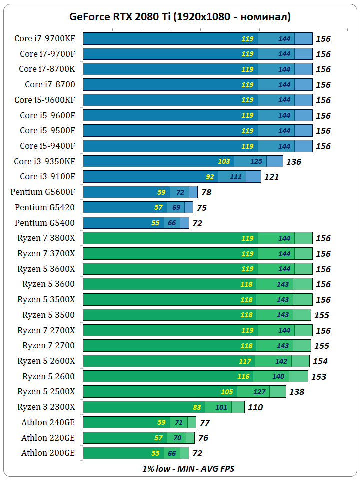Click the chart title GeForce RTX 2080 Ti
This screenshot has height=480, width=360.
[180, 17]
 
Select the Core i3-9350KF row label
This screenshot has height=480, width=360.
[45, 161]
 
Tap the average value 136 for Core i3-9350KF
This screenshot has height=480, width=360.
[293, 162]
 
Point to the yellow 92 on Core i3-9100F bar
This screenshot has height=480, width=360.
[210, 177]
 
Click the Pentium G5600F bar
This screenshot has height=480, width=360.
[140, 192]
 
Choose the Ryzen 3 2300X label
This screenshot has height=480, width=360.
[46, 407]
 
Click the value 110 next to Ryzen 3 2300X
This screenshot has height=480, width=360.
[255, 407]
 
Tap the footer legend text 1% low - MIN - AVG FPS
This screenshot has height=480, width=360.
[188, 469]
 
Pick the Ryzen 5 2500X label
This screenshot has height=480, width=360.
[46, 391]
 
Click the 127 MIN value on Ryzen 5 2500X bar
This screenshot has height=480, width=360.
[260, 392]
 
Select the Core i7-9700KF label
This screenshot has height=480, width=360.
[45, 38]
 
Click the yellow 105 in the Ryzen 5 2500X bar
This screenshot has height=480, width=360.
[227, 392]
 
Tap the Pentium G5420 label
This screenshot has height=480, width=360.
[45, 207]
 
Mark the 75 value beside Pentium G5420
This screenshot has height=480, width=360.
[202, 208]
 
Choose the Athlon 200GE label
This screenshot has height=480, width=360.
[48, 453]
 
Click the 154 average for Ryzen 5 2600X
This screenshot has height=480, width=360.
[320, 361]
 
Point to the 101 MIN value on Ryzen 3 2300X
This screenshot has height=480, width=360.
[221, 407]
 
